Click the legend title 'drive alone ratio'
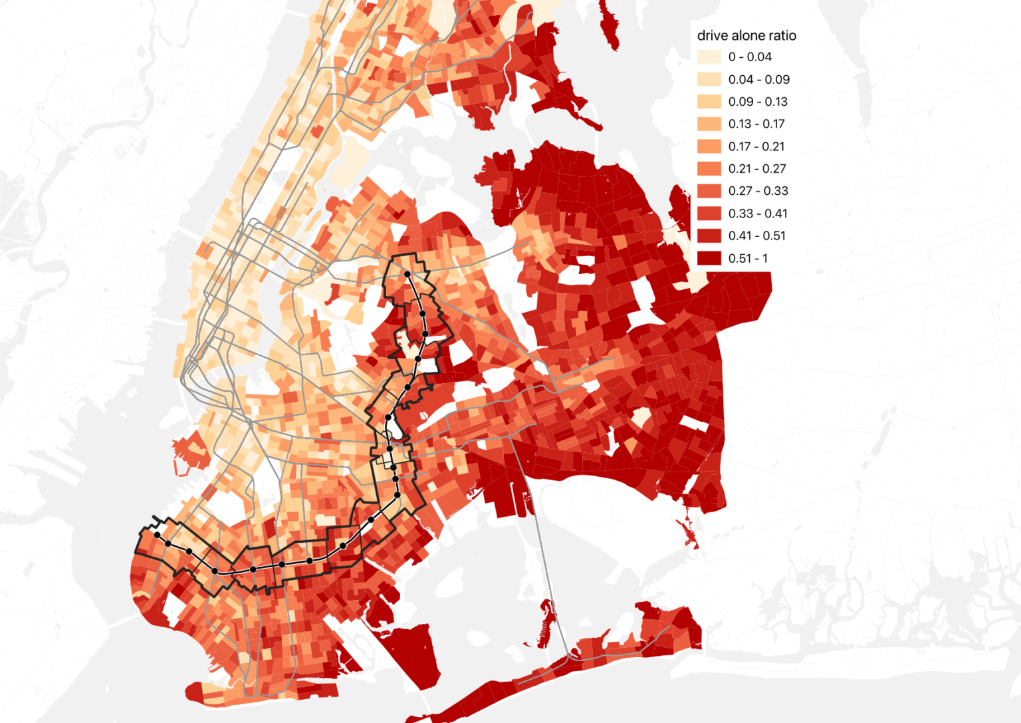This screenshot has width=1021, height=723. pos(746,36)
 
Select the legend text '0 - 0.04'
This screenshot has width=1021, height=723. pos(750,57)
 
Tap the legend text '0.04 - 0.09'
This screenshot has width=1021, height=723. pos(758,80)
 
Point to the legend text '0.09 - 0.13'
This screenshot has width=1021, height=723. pos(758,102)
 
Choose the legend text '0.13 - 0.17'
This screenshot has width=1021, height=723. pos(756,124)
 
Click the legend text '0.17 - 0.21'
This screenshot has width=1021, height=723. pos(756,146)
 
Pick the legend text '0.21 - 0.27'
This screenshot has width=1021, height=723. pos(757,169)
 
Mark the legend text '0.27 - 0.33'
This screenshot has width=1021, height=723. pos(758,191)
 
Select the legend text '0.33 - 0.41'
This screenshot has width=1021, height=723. pos(758,214)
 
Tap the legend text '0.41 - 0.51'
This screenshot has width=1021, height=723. pos(756,236)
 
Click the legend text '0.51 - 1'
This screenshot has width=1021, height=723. pos(748,258)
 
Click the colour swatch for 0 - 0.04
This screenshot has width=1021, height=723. pos(709,57)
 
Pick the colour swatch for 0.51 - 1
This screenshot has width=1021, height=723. pos(709,258)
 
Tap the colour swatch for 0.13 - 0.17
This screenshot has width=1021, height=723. pos(709,124)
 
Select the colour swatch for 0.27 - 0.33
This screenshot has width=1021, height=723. pos(709,191)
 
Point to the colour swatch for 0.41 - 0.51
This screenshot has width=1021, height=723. pos(709,236)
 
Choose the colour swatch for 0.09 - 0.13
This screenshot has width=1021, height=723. pos(709,102)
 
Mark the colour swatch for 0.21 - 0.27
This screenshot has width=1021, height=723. pos(709,169)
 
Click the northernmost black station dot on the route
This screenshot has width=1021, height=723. pos(407,274)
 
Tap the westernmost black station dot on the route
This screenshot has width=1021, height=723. pos(157,535)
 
